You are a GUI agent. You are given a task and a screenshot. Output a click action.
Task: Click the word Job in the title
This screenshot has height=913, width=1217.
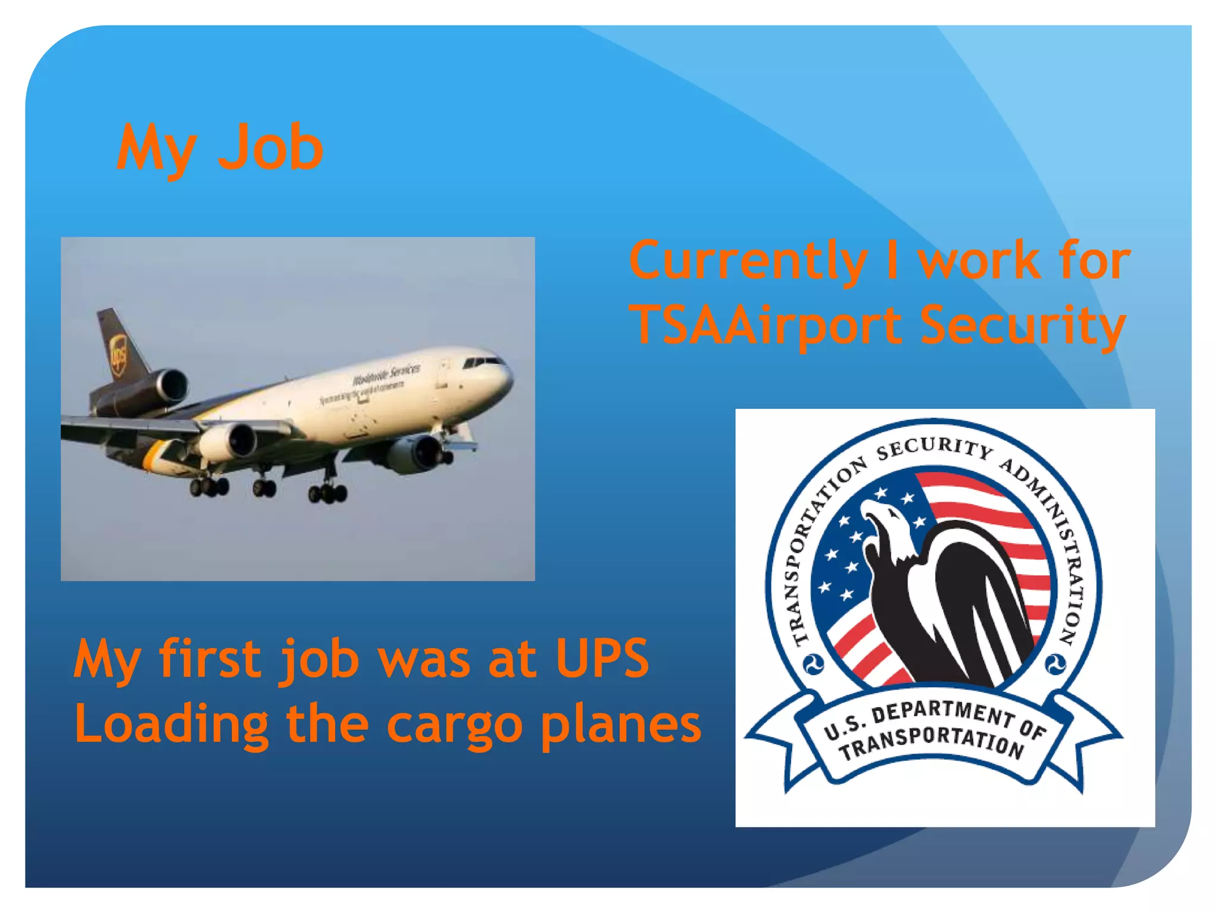click(270, 147)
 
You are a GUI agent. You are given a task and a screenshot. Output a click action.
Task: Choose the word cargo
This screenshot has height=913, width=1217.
click(455, 725)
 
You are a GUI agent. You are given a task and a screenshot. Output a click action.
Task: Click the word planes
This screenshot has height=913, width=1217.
click(621, 725)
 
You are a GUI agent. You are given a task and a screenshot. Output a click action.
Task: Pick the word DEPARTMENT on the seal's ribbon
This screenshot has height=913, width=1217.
click(939, 713)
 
